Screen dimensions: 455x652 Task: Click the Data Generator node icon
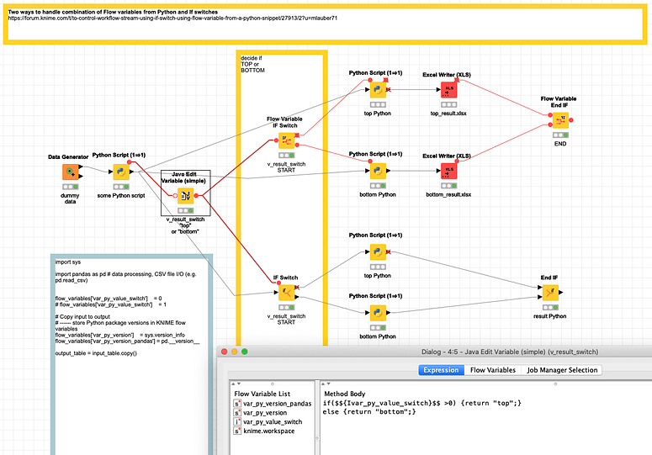point(69,172)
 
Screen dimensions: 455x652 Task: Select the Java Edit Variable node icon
point(185,196)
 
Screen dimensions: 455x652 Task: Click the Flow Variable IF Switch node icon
point(287,140)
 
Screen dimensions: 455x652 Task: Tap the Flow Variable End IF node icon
point(559,119)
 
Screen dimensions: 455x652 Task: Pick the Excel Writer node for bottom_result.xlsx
point(448,171)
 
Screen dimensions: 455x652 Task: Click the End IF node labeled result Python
point(549,292)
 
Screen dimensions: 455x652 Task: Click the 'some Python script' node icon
point(119,172)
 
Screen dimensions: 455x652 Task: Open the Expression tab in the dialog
point(441,370)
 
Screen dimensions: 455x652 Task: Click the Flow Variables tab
point(492,370)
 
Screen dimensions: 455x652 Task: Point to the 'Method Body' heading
point(344,394)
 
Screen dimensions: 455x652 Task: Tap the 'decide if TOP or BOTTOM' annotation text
point(252,64)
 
